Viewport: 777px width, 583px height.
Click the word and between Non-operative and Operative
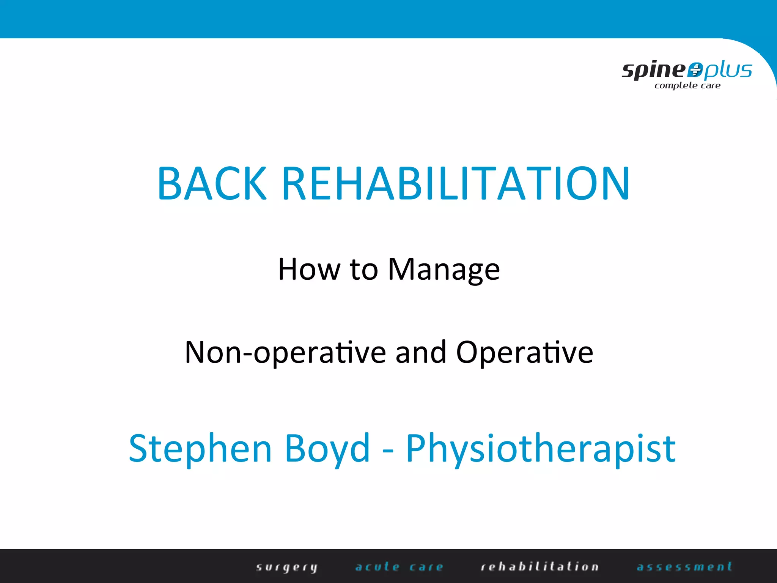(421, 352)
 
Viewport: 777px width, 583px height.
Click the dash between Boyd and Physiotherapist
(388, 452)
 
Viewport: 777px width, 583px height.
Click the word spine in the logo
(653, 71)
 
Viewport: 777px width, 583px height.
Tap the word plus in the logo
(727, 71)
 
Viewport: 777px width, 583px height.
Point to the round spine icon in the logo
(695, 70)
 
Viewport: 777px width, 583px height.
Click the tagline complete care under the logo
(687, 86)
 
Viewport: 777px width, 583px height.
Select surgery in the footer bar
(287, 567)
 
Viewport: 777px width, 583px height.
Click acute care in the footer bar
(399, 567)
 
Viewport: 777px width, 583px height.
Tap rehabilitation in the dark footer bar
(539, 567)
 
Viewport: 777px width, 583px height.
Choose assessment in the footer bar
(684, 567)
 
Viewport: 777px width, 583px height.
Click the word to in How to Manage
(364, 269)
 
